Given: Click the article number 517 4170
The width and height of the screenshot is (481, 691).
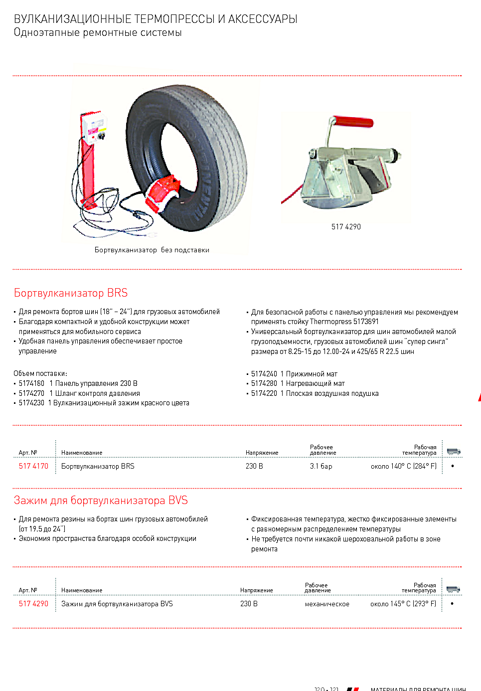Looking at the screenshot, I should point(33,466).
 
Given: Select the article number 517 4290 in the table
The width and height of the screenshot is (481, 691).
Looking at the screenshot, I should point(33,604).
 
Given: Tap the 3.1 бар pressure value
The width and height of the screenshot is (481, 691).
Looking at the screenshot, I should point(321,466).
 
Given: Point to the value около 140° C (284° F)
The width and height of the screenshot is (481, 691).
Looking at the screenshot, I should point(403,466).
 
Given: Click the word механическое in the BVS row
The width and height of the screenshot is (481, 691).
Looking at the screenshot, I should point(327,604).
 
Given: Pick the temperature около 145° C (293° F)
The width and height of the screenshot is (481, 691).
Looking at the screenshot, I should point(403,604).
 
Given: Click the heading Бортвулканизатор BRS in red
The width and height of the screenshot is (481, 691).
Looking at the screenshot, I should point(71,293).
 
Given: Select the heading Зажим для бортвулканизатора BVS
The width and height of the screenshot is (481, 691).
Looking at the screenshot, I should point(101,500).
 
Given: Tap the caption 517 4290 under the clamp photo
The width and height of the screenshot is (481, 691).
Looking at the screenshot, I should point(346,227).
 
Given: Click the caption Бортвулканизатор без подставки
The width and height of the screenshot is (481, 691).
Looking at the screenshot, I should point(152,250).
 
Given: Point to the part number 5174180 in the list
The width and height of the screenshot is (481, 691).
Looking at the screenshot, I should point(31,383).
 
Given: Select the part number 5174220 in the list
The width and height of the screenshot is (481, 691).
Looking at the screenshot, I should point(264,393).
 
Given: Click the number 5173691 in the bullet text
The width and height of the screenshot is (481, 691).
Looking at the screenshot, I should point(366,322).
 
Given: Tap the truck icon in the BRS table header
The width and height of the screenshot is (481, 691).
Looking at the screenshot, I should point(453,451).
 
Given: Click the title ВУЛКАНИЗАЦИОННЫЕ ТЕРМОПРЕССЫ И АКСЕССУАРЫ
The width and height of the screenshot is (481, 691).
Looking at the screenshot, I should point(156,19).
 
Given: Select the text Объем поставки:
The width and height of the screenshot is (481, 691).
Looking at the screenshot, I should point(40,373).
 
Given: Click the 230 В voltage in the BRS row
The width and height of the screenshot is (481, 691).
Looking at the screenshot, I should point(254,466).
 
